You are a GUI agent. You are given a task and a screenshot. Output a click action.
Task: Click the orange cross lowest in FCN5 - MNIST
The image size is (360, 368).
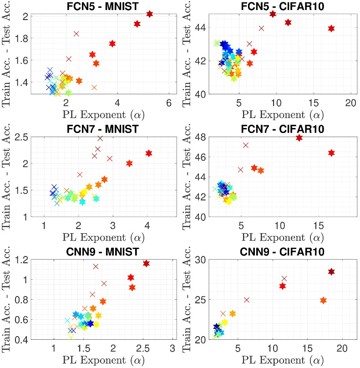pos(94,87)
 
